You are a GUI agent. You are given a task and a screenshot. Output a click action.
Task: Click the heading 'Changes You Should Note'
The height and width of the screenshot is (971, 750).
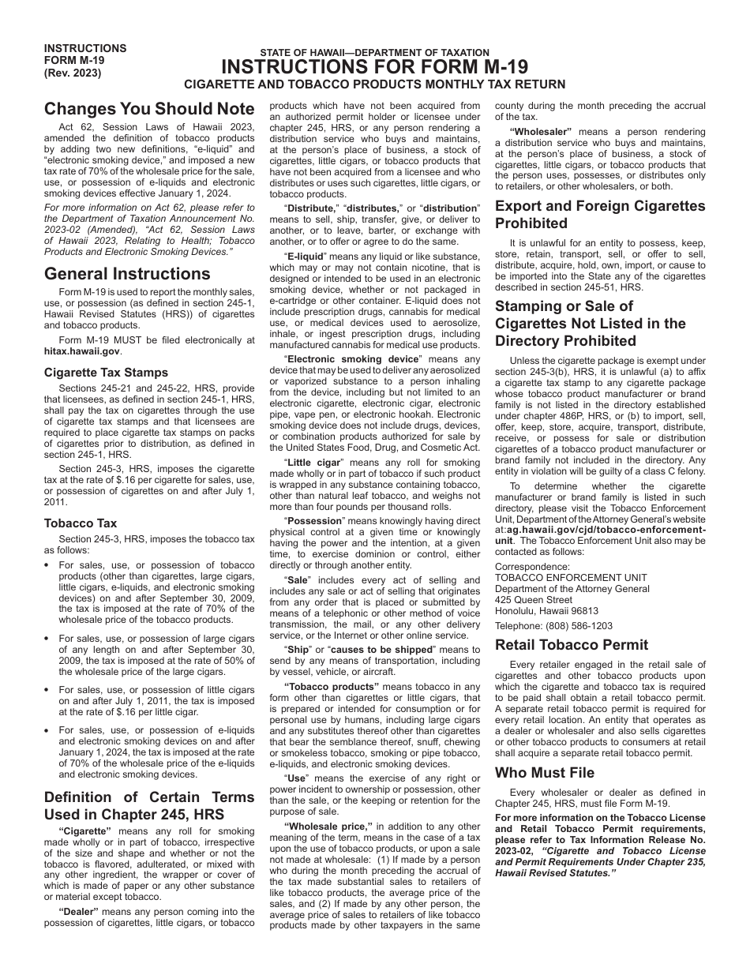point(149,109)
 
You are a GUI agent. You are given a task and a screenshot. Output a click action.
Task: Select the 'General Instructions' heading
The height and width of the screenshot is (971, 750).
point(127,274)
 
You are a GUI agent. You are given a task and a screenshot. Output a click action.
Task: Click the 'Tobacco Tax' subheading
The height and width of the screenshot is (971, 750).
point(81,523)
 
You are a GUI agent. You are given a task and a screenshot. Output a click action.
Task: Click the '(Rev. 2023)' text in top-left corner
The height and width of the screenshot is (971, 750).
point(73,73)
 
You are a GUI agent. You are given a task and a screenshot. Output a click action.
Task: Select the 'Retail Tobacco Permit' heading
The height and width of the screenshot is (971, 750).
point(571,644)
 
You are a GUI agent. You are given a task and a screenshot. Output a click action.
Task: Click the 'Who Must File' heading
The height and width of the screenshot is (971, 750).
point(545,772)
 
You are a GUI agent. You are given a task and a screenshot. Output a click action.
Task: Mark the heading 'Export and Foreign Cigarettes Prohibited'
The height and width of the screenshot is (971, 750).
point(600,215)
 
